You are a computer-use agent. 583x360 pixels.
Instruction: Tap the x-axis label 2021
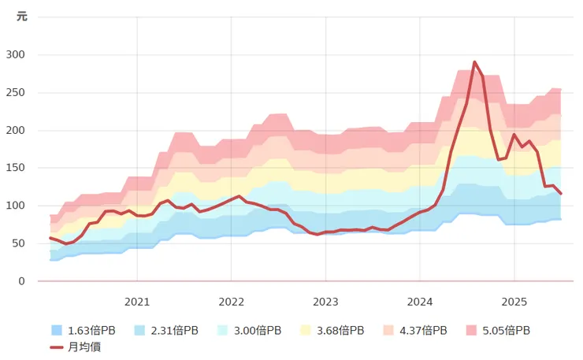137,301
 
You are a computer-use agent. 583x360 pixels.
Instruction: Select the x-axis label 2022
231,301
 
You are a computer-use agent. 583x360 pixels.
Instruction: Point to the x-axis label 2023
325,301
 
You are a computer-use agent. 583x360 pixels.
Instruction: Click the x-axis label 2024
420,301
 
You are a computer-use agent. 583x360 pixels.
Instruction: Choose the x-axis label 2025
514,301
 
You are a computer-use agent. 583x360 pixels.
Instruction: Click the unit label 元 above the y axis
22,17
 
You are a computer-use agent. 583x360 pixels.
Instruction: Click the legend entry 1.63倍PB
84,331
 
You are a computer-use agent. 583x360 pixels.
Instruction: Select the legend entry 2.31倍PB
169,331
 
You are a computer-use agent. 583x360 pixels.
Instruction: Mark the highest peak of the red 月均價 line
474,61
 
